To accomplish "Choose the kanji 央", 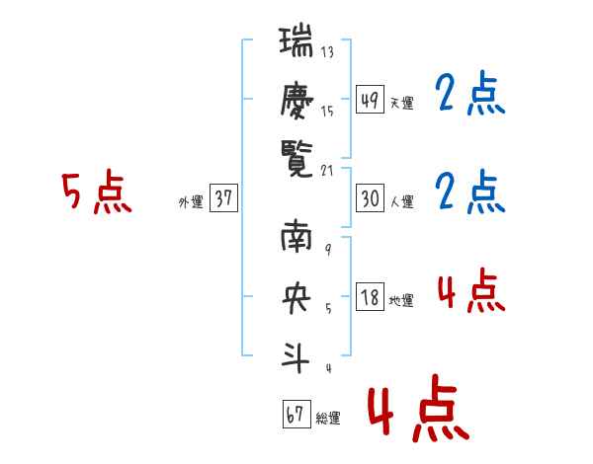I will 297,298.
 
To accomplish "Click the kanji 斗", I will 297,354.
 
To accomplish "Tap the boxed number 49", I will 370,99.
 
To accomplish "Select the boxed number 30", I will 370,198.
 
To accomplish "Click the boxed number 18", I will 370,297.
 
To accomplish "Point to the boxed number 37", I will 223,199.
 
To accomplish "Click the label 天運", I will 401,103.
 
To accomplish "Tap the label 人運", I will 401,202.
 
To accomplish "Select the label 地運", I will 401,301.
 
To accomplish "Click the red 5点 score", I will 96,193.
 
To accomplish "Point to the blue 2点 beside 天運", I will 471,96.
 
